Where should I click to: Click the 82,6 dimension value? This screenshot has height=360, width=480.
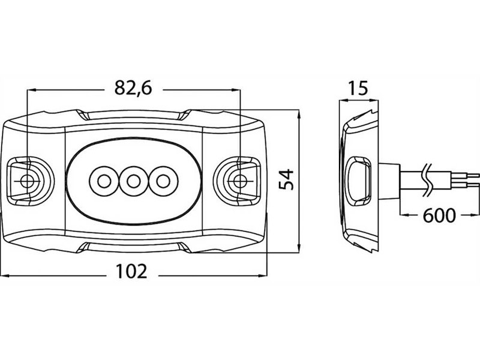(133, 88)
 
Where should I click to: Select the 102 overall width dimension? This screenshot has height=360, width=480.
(131, 271)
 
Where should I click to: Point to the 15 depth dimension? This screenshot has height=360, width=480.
(358, 88)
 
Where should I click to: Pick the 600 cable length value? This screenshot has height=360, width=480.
(439, 215)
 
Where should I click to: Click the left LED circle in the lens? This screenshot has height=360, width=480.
(104, 182)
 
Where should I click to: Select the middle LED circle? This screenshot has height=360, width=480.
(133, 182)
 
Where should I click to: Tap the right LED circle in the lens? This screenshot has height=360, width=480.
(163, 182)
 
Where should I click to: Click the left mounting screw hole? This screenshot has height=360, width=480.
(27, 181)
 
